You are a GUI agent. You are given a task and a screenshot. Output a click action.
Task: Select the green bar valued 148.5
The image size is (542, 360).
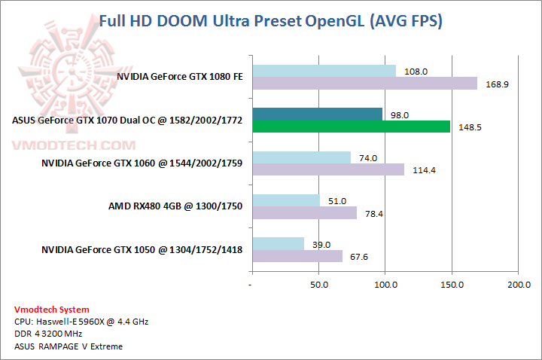tap(351, 127)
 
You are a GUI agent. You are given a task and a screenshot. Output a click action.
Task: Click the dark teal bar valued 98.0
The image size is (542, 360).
tap(317, 114)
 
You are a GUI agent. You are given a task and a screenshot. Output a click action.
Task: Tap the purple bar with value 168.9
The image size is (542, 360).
tap(364, 83)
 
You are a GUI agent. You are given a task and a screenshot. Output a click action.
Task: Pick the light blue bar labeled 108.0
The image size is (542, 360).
tap(324, 71)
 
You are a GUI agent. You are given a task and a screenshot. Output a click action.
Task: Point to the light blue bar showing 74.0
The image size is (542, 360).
tap(301, 157)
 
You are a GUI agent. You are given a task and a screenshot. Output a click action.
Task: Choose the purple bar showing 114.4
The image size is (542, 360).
tap(327, 169)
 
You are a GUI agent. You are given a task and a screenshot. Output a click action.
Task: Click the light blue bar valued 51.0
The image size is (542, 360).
tap(286, 200)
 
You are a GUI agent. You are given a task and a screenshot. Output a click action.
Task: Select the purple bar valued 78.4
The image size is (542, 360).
tap(304, 212)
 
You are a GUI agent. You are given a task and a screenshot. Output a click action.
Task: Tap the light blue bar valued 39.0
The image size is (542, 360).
tap(278, 244)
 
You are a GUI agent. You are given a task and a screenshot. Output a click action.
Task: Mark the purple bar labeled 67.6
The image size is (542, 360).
tap(297, 256)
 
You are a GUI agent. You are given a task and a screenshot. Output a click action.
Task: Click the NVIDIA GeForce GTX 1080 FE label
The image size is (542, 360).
tap(179, 76)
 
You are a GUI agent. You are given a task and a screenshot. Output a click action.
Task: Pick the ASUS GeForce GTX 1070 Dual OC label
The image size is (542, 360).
tap(127, 120)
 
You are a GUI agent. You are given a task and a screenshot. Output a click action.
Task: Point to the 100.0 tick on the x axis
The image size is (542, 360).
tap(385, 285)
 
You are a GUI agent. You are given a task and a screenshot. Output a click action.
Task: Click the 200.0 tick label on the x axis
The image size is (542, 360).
tap(518, 285)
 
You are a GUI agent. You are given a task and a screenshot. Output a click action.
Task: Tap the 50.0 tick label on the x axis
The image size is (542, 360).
tap(318, 285)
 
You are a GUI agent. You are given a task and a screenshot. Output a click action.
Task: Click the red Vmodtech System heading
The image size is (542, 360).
tap(52, 310)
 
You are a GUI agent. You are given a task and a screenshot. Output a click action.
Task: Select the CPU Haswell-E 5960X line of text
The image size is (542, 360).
tap(81, 322)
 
